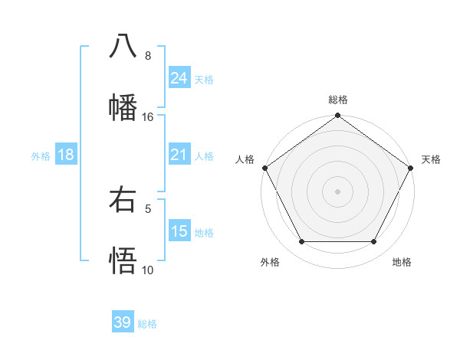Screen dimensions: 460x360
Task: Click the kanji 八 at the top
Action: [123, 45]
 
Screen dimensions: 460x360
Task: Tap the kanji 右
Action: [123, 200]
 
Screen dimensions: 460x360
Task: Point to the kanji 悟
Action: [123, 260]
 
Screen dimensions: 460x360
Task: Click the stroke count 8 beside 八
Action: [148, 56]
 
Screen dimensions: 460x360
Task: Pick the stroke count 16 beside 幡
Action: [148, 117]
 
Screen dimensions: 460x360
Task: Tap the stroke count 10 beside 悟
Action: [148, 270]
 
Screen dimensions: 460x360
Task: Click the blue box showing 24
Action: [179, 78]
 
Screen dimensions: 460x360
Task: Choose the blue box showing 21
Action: [179, 155]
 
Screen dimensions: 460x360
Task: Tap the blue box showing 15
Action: [179, 231]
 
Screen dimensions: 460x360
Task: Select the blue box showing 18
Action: [66, 155]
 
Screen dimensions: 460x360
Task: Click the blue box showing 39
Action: [123, 322]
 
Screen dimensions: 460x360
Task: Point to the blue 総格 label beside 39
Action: [147, 324]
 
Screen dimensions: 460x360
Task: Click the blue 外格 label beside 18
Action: [41, 155]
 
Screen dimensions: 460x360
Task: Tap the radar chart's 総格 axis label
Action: [337, 100]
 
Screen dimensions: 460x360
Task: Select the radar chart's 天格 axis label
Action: [431, 159]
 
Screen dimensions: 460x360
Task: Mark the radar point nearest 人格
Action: [264, 168]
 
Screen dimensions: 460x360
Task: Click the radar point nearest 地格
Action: [374, 242]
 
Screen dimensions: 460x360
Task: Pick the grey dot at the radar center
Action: [337, 191]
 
